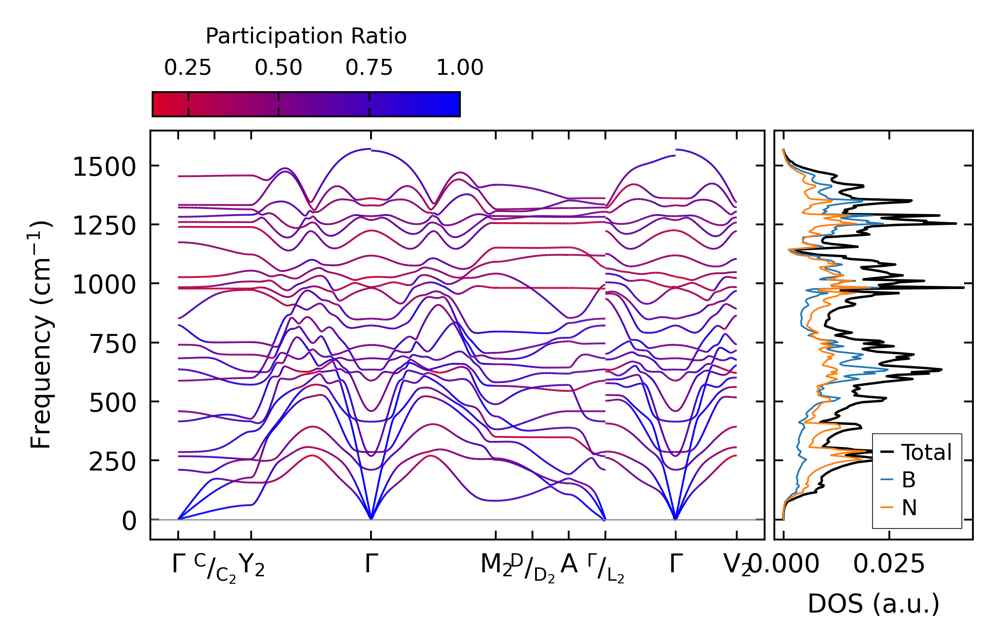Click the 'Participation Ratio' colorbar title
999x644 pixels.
306,36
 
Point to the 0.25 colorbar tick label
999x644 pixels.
188,68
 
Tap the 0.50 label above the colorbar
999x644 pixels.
278,68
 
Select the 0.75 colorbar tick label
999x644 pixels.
369,68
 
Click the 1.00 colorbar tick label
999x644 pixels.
459,68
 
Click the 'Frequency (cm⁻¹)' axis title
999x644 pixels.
41,335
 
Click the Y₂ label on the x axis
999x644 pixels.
252,565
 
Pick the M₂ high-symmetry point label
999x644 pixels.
496,565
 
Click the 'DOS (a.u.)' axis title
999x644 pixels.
873,604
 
